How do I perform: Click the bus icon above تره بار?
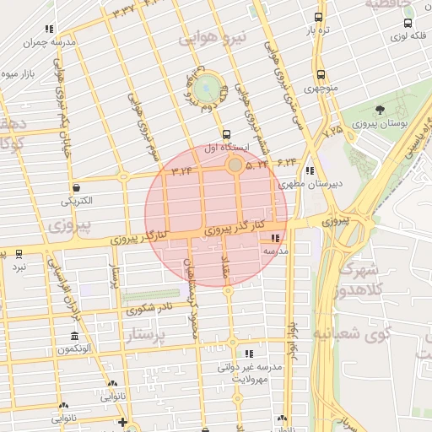click(318, 17)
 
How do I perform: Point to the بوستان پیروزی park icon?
click(380, 110)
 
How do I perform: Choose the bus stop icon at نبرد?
click(19, 253)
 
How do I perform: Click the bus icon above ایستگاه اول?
click(225, 134)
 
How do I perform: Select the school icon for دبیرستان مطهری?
click(310, 170)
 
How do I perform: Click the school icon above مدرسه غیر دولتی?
click(248, 354)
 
